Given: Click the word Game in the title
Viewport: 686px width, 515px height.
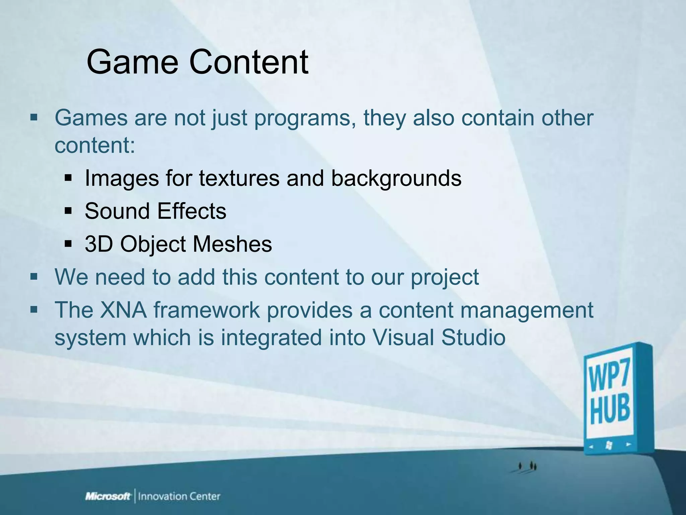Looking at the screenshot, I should coord(132,62).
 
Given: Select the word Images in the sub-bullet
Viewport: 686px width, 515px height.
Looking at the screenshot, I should coord(122,178).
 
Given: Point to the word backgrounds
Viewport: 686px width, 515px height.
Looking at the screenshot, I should coord(396,178).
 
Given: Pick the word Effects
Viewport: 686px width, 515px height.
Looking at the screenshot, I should coord(192,211).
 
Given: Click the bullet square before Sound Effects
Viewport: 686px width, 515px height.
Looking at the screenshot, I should coord(68,212).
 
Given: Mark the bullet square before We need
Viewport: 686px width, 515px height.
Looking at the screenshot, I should coord(34,277).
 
